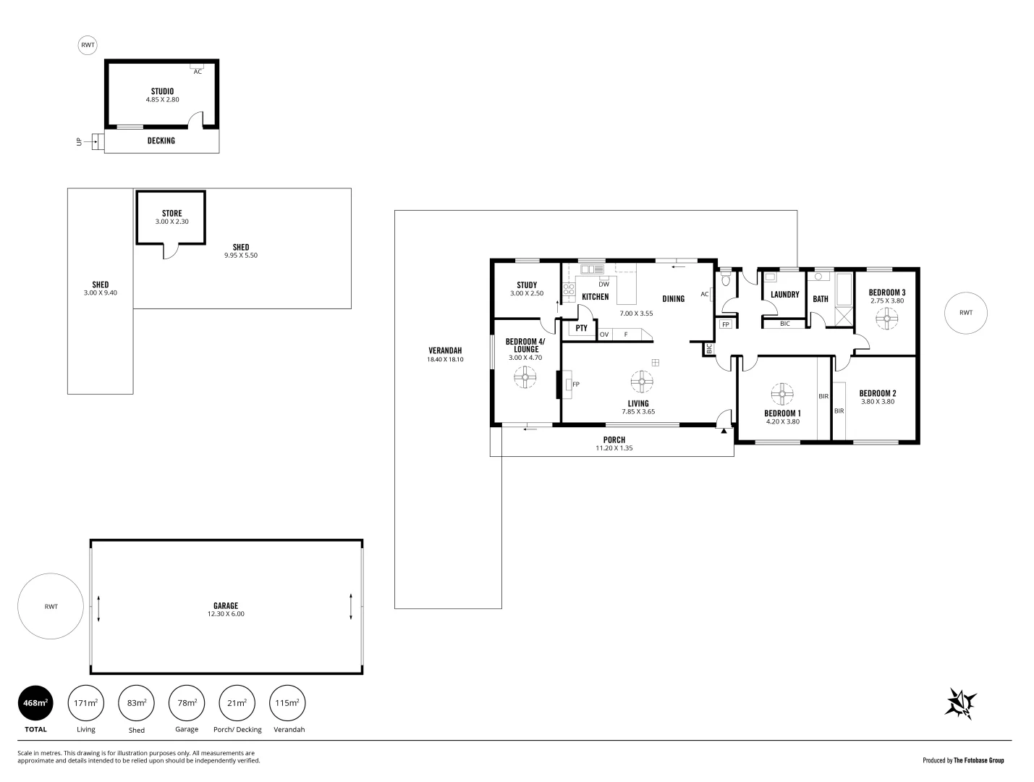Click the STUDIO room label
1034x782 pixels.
click(x=162, y=91)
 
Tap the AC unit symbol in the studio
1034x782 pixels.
click(x=197, y=70)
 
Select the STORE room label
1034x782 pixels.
click(x=171, y=214)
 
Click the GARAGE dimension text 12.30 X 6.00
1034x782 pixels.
click(x=226, y=614)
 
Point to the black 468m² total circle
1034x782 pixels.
click(x=35, y=703)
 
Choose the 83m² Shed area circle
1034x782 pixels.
click(x=136, y=703)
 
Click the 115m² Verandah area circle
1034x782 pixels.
click(x=287, y=703)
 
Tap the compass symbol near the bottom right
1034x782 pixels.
click(x=961, y=703)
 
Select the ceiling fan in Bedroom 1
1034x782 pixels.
click(x=781, y=395)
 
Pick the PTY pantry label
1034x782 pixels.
click(x=581, y=328)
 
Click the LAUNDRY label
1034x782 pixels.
click(x=784, y=295)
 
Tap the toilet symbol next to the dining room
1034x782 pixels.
click(x=726, y=278)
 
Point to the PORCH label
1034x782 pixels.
click(x=614, y=440)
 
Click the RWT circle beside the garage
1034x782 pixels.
click(x=51, y=607)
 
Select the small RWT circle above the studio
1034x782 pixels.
click(x=88, y=45)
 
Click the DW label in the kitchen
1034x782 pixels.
click(x=603, y=285)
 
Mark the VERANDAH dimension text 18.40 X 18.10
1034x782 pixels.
click(x=445, y=359)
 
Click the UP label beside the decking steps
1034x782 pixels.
click(x=80, y=142)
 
